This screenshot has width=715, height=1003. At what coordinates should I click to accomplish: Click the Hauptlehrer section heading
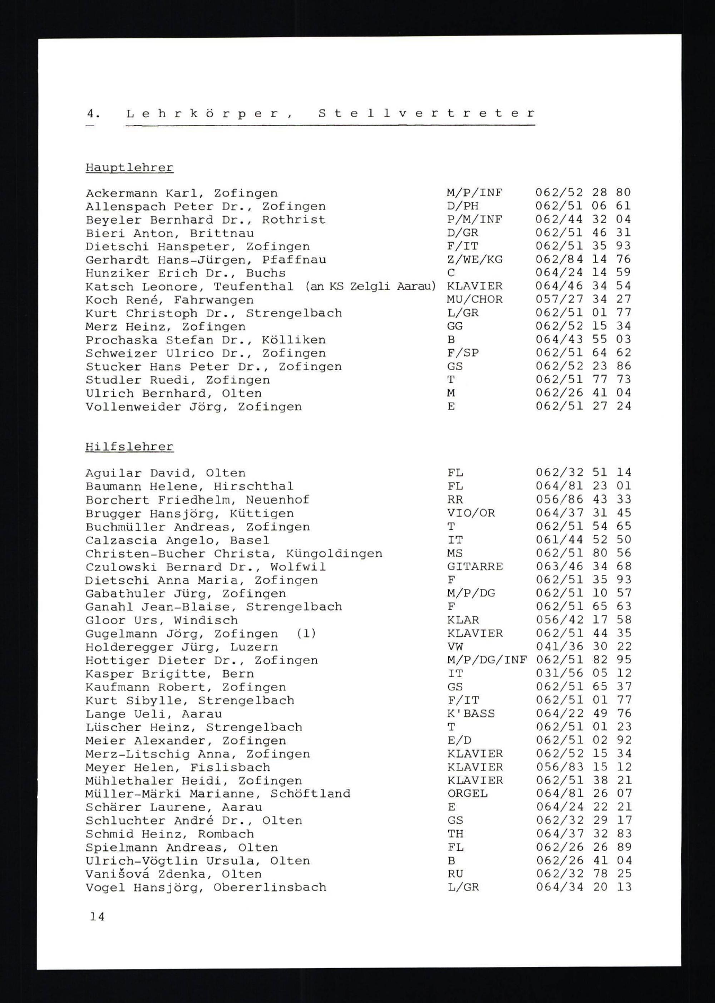(x=129, y=168)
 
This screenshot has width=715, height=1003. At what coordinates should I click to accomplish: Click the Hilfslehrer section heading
(x=129, y=447)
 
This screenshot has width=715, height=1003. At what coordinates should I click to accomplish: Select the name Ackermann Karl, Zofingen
(x=181, y=194)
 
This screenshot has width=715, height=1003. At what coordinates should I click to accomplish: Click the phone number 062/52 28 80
(x=583, y=192)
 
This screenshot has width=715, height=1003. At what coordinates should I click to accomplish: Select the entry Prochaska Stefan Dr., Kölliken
(x=206, y=340)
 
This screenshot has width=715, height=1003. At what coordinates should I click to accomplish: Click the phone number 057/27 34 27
(x=583, y=299)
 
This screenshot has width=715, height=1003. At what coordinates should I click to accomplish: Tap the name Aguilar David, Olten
(x=165, y=473)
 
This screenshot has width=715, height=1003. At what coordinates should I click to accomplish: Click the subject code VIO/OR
(x=471, y=513)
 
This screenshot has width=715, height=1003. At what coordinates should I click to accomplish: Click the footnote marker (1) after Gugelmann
(x=306, y=633)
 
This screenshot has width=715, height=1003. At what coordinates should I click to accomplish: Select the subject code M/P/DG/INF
(x=487, y=660)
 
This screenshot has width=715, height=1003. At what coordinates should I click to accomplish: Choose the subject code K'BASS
(x=471, y=713)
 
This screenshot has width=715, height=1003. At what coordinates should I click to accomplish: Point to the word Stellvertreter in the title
(x=426, y=114)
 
